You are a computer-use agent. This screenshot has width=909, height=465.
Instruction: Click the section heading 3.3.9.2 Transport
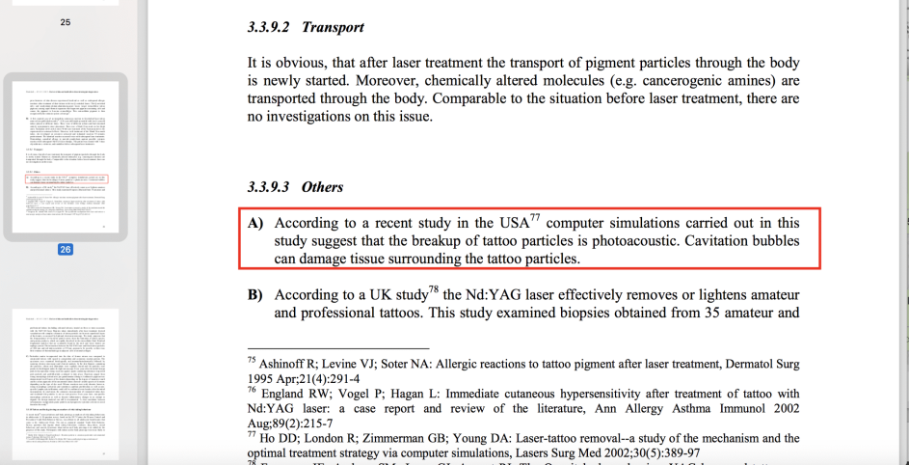click(x=306, y=27)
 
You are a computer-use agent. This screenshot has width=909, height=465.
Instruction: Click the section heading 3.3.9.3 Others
click(x=295, y=186)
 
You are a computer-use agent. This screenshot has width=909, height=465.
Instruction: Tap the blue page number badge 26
click(x=66, y=249)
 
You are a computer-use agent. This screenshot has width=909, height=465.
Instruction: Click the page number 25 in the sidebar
click(x=66, y=20)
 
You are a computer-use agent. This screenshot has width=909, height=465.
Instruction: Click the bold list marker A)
click(x=255, y=223)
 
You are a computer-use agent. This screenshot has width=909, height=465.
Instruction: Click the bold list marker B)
click(x=255, y=295)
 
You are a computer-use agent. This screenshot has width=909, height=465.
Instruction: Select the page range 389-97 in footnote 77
click(x=670, y=452)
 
